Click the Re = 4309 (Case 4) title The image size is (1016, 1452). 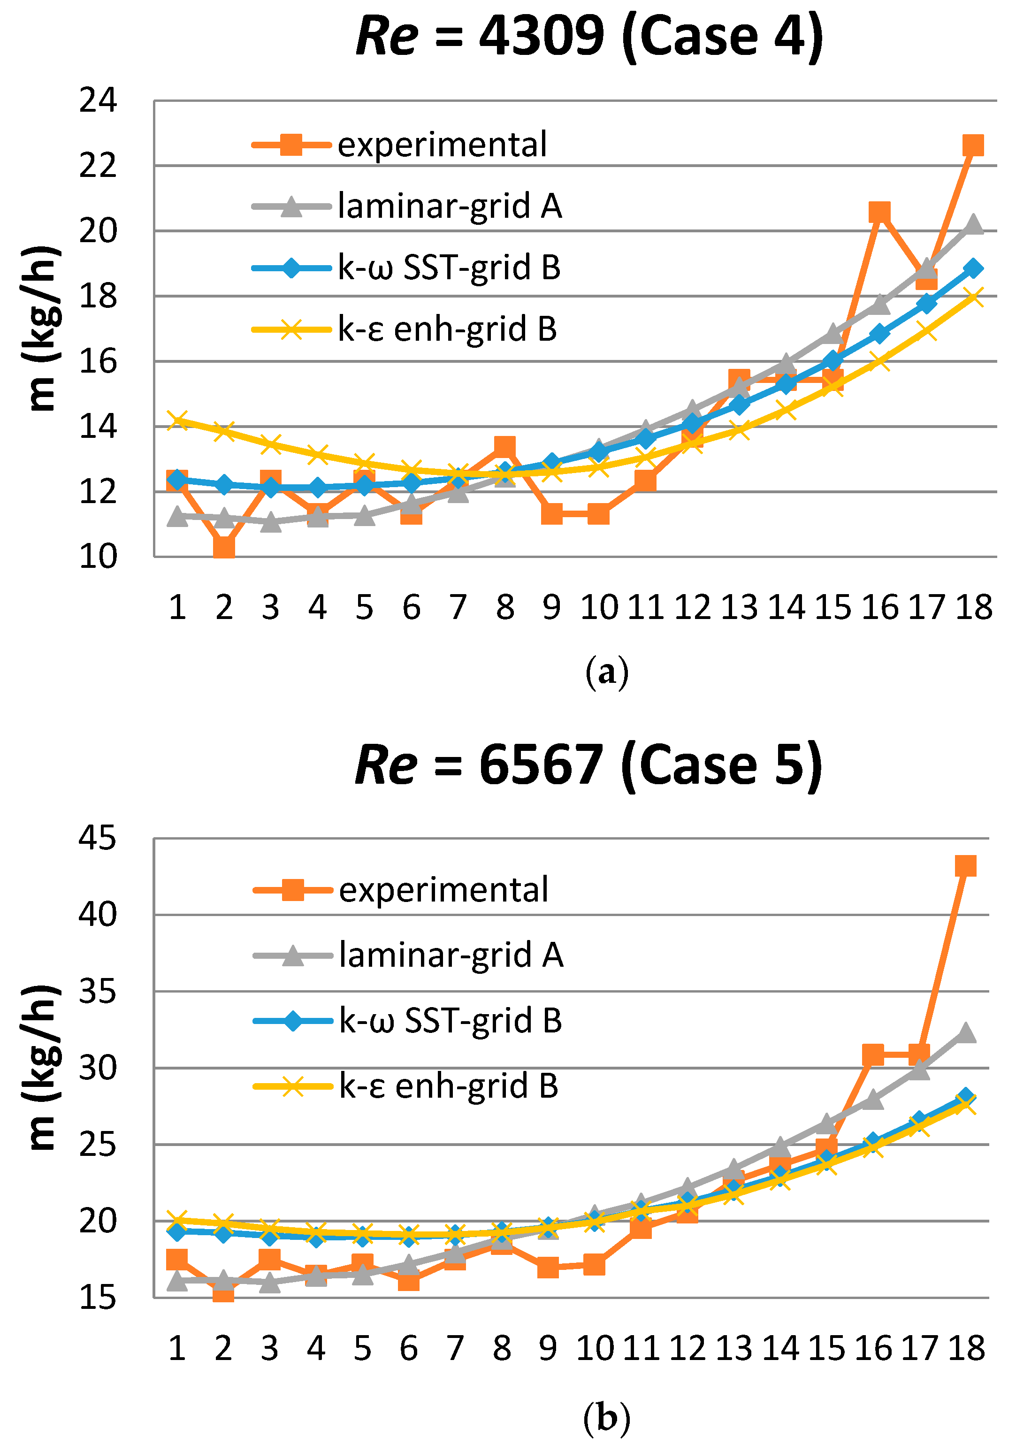(x=589, y=37)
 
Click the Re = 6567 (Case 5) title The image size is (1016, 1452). (x=588, y=765)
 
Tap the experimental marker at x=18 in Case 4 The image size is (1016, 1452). (x=972, y=145)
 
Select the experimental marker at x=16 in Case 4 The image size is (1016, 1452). (x=879, y=213)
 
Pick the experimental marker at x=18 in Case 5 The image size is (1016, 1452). (x=965, y=866)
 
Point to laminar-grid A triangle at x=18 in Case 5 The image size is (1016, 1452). (x=965, y=1033)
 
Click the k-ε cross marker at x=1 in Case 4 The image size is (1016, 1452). (x=178, y=420)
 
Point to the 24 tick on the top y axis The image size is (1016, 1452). (x=98, y=100)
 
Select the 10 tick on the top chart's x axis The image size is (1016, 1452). (x=598, y=608)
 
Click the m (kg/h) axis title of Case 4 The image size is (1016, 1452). (x=42, y=329)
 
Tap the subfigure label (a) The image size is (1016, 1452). (x=606, y=672)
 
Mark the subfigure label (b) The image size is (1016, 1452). (x=606, y=1417)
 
